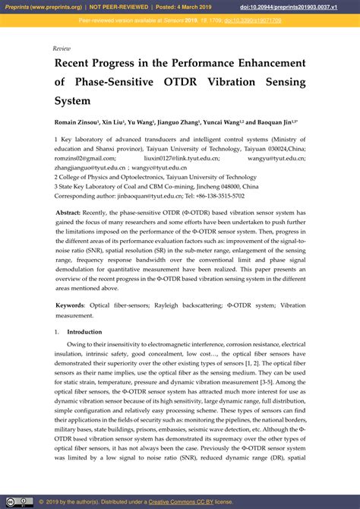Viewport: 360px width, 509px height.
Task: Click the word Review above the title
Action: coord(62,48)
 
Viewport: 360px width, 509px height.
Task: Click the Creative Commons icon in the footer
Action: coord(11,501)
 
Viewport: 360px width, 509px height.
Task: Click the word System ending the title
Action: coord(72,100)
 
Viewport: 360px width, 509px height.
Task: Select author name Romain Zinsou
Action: coord(76,122)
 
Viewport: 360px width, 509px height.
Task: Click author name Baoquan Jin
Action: coord(276,122)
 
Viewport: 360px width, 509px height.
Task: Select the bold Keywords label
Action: coord(70,305)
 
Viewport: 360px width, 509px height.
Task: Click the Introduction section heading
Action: coord(84,333)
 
